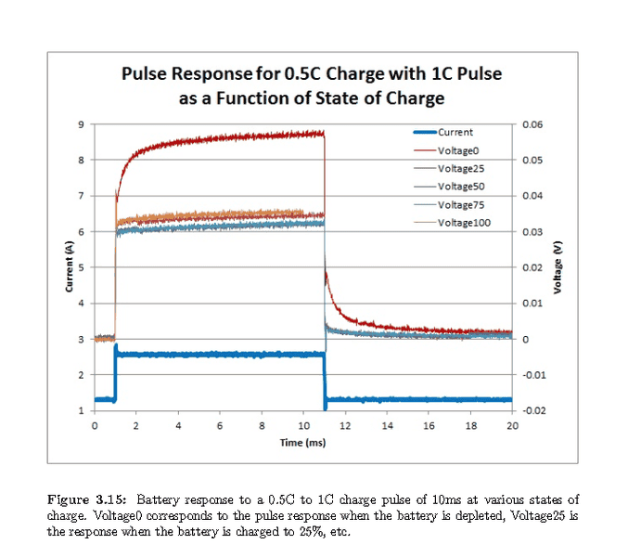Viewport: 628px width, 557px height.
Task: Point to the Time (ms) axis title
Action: point(302,443)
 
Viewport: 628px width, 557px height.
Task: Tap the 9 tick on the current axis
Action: point(82,125)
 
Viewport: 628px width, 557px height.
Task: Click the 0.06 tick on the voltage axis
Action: point(532,124)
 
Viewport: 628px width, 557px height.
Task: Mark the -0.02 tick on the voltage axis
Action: point(532,410)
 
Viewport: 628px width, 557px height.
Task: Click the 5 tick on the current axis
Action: point(82,267)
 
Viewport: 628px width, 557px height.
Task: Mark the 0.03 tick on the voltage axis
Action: point(532,231)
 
